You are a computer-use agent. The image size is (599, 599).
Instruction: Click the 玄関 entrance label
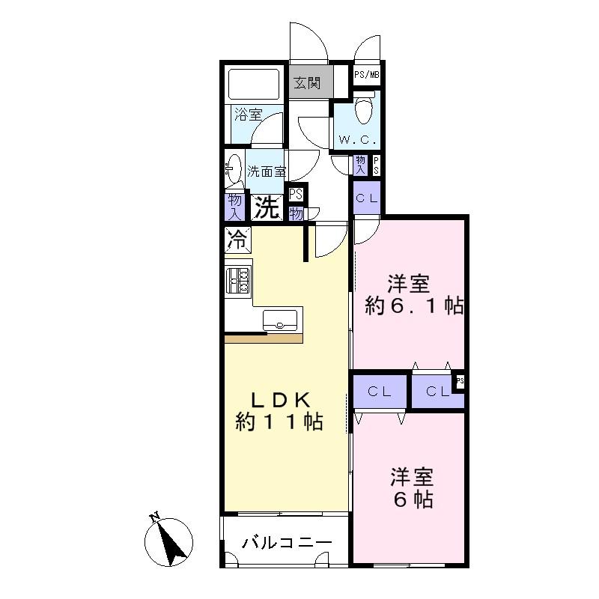(307, 82)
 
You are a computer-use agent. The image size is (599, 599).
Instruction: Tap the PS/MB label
(367, 75)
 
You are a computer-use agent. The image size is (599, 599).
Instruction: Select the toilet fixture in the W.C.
(365, 110)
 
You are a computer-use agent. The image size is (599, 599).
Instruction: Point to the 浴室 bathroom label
(247, 115)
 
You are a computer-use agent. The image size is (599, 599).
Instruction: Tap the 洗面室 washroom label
(267, 171)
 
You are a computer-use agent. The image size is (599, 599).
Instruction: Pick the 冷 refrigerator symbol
(237, 241)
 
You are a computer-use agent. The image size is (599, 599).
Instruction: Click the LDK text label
(279, 401)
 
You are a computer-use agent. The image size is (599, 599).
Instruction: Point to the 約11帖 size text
(279, 423)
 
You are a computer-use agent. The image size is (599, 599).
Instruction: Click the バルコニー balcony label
(287, 543)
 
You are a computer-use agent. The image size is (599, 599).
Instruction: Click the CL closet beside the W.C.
(366, 198)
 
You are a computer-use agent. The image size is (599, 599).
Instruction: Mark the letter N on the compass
(155, 517)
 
